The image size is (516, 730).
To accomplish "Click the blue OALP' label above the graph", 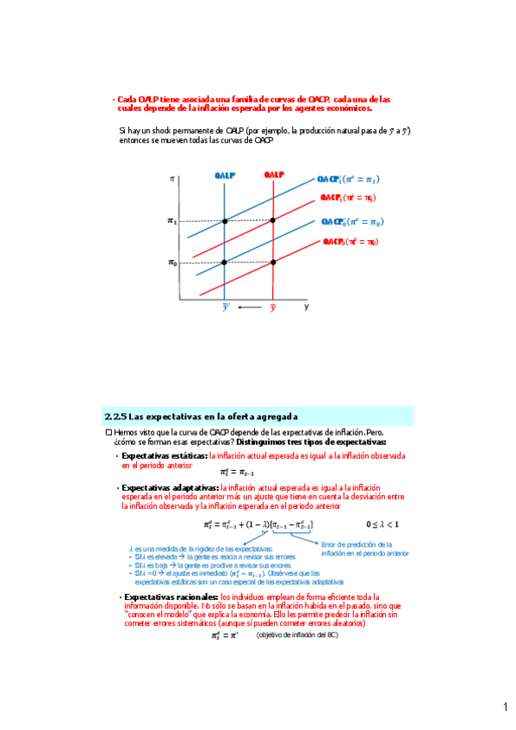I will (226, 175).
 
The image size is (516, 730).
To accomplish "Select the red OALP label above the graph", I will (274, 175).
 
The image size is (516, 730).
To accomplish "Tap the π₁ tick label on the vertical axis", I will (172, 221).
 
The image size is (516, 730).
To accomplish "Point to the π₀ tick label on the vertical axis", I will (172, 262).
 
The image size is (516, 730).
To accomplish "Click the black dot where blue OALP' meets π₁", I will (225, 221).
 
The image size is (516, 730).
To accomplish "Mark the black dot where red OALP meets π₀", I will (273, 262).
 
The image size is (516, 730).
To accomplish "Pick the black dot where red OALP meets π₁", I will (273, 221).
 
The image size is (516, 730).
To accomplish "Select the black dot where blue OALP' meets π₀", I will (225, 262).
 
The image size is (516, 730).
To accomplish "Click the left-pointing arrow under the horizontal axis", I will (249, 306).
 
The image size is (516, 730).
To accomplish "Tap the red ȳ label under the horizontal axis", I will (273, 307).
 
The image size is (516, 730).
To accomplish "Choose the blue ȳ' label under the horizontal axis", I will (226, 307).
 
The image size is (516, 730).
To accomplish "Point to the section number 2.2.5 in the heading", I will (115, 415).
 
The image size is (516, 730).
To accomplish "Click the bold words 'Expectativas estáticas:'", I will (165, 455).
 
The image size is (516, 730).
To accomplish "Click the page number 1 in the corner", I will (507, 708).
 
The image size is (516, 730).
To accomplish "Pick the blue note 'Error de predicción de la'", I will (357, 544).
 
